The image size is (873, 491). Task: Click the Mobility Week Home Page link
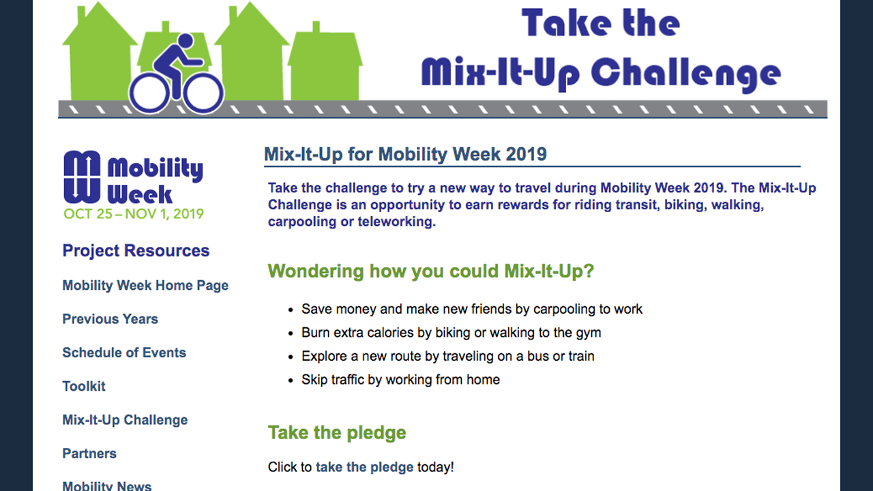(x=145, y=286)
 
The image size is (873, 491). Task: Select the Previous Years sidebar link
(x=110, y=319)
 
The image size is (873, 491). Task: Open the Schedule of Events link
(x=124, y=353)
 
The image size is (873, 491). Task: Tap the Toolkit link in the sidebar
(x=84, y=386)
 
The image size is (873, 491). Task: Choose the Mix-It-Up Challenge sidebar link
(x=125, y=420)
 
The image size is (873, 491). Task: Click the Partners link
(x=89, y=453)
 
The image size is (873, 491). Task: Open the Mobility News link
(x=107, y=486)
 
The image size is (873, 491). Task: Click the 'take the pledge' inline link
(x=364, y=467)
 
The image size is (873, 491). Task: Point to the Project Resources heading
(x=136, y=251)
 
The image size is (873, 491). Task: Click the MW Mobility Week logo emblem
(x=81, y=177)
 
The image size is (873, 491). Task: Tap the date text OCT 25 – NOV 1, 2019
(x=133, y=214)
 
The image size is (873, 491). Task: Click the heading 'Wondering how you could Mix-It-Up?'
(x=430, y=271)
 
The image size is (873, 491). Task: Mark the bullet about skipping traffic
(x=400, y=380)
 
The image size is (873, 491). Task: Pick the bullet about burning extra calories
(x=451, y=333)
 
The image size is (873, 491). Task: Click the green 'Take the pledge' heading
(x=337, y=433)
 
